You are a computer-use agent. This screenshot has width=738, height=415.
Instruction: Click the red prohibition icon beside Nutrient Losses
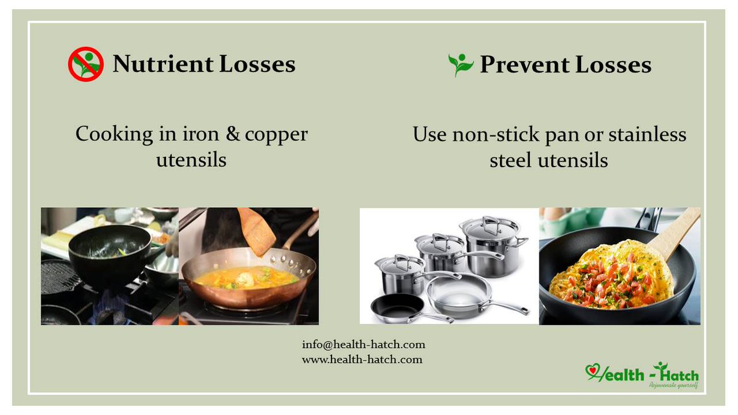[85, 65]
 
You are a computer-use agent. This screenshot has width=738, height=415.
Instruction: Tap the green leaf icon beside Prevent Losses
[461, 64]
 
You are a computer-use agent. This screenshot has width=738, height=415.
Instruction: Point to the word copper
[276, 135]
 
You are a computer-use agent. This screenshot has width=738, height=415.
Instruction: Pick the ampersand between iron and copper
[232, 134]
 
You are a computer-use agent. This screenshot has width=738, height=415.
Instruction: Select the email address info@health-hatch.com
[363, 344]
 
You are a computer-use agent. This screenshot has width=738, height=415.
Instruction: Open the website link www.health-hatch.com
[362, 359]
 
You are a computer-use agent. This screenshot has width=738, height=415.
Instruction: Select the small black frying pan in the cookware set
[397, 306]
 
